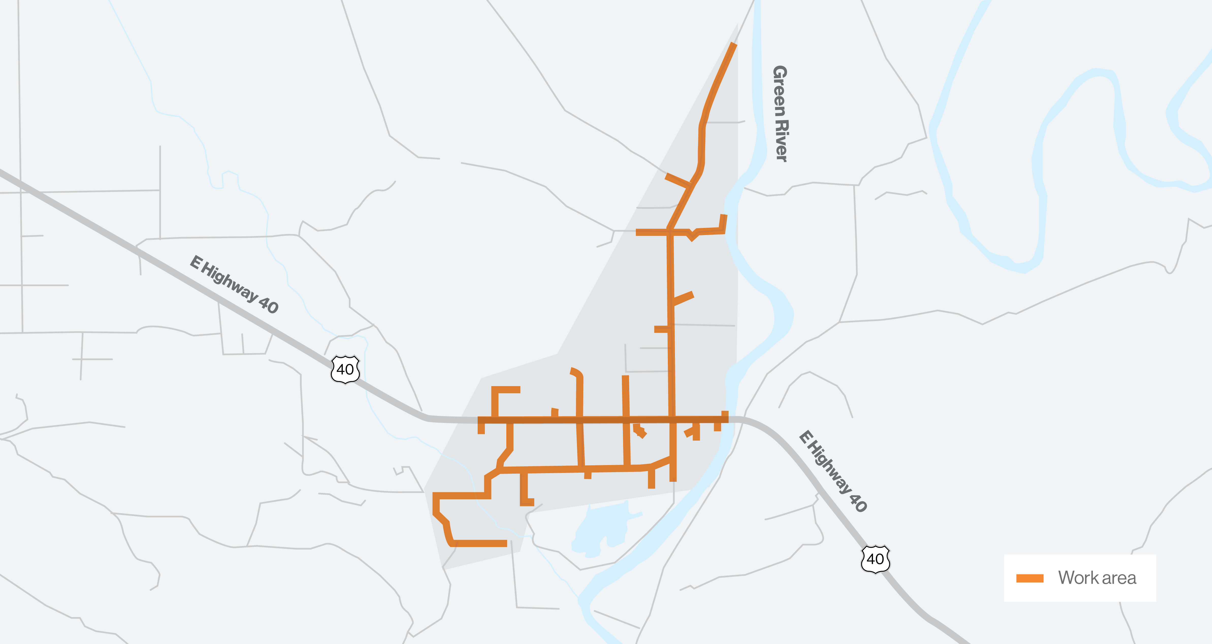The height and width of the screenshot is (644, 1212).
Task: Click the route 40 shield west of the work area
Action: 345,369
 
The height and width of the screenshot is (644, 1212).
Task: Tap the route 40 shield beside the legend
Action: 875,559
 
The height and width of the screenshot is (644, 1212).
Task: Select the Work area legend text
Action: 1097,578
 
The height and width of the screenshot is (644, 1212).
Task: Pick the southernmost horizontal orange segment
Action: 479,543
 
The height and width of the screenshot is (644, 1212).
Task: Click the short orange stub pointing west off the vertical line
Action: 661,329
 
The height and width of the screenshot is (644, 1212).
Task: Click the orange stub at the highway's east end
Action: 724,417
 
